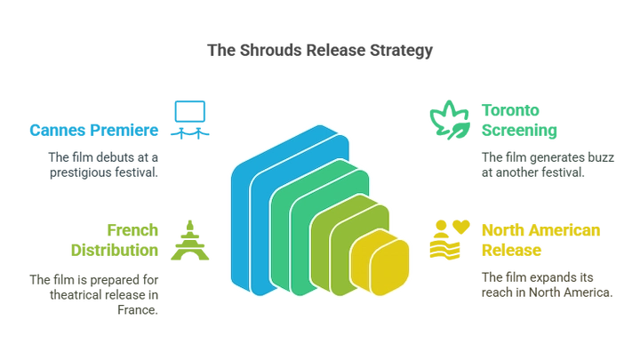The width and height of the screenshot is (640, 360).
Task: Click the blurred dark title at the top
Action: click(x=320, y=50)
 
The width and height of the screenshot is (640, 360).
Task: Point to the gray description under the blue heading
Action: click(x=103, y=165)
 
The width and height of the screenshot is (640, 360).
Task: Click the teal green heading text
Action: click(x=521, y=122)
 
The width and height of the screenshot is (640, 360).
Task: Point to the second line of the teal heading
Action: click(x=521, y=132)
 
